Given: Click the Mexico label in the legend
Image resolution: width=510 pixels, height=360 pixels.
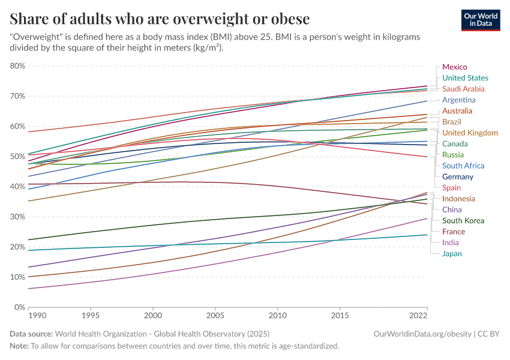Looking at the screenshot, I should [454, 67].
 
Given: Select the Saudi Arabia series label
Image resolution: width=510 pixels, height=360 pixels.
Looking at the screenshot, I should [463, 89].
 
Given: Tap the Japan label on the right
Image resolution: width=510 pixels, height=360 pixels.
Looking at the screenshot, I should [452, 254].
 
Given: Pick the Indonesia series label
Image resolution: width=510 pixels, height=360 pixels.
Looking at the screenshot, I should [458, 199].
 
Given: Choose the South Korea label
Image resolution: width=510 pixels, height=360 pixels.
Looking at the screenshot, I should [463, 221].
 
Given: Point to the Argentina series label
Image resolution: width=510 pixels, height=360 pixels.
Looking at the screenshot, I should [459, 100].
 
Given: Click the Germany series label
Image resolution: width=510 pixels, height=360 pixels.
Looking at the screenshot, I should [458, 177].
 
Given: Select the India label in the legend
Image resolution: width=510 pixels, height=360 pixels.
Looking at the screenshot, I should [451, 243].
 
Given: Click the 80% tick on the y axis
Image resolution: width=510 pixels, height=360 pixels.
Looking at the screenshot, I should [17, 66].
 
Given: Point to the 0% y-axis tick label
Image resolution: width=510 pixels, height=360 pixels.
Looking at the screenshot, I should [20, 307].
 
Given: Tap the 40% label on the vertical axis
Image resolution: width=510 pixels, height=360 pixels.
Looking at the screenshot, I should [17, 187].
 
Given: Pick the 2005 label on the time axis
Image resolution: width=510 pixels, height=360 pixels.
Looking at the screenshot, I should [215, 315].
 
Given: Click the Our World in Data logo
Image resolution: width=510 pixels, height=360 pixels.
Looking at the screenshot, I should [480, 20].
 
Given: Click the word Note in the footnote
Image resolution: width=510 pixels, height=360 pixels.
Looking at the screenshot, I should [19, 346].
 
